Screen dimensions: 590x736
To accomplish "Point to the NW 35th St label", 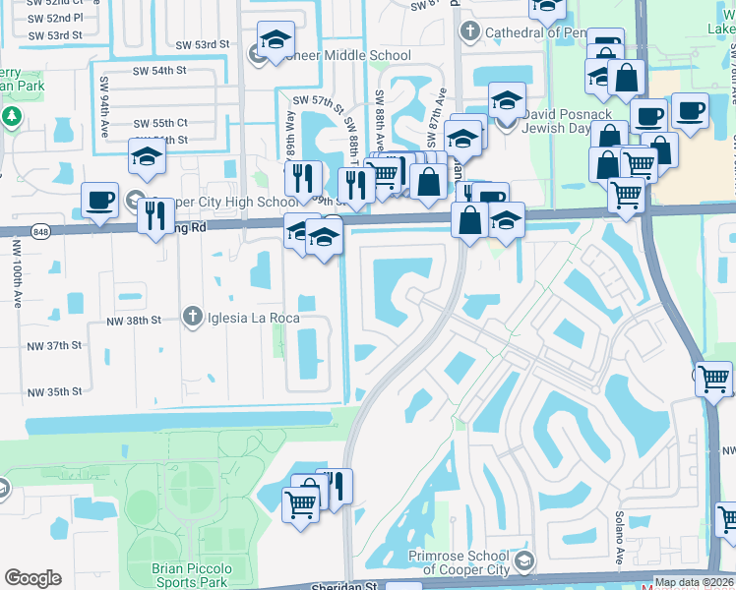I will coord(54,392).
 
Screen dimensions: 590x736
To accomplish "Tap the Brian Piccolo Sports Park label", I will coord(192,575).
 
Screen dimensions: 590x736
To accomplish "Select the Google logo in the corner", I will coord(32,578).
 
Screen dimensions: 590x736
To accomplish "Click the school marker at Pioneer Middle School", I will coord(276,42).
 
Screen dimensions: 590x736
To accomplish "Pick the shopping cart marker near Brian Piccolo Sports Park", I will coord(301,505).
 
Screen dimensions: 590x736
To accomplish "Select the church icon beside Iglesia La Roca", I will coord(193,316).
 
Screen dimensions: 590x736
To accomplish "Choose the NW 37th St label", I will coord(54,346).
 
